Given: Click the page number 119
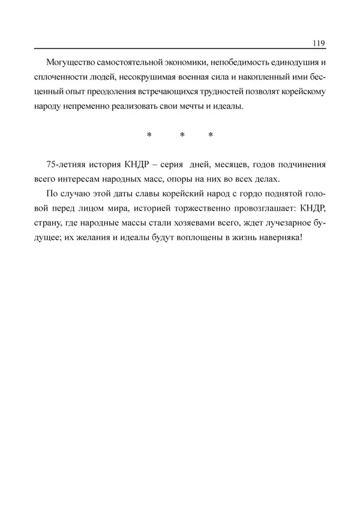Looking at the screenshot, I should (x=319, y=43).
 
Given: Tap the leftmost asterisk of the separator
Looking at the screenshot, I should (x=149, y=136).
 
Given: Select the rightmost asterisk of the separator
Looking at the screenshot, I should (x=211, y=136).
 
